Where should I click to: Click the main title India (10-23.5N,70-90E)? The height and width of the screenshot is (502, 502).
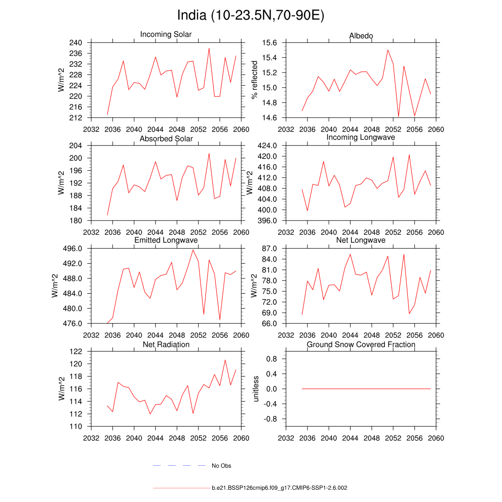(251, 16)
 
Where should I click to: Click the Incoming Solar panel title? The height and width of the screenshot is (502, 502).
(166, 34)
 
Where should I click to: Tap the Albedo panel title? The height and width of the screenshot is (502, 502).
(361, 36)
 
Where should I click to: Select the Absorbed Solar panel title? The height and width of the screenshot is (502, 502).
(166, 139)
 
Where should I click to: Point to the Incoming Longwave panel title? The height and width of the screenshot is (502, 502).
(361, 137)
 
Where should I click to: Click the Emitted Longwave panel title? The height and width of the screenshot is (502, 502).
(166, 240)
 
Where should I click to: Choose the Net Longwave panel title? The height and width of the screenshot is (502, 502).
(361, 240)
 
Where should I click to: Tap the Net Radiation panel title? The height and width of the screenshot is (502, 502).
(166, 345)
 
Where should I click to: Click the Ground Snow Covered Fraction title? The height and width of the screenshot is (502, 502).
(361, 345)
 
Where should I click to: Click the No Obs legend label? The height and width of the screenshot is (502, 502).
(221, 466)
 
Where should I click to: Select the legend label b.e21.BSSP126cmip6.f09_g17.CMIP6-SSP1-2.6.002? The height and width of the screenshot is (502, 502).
(279, 488)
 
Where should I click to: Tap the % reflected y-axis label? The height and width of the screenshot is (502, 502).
(254, 80)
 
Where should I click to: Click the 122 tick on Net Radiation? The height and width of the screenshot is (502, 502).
(76, 351)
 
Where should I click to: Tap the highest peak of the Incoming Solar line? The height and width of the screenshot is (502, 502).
(209, 48)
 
